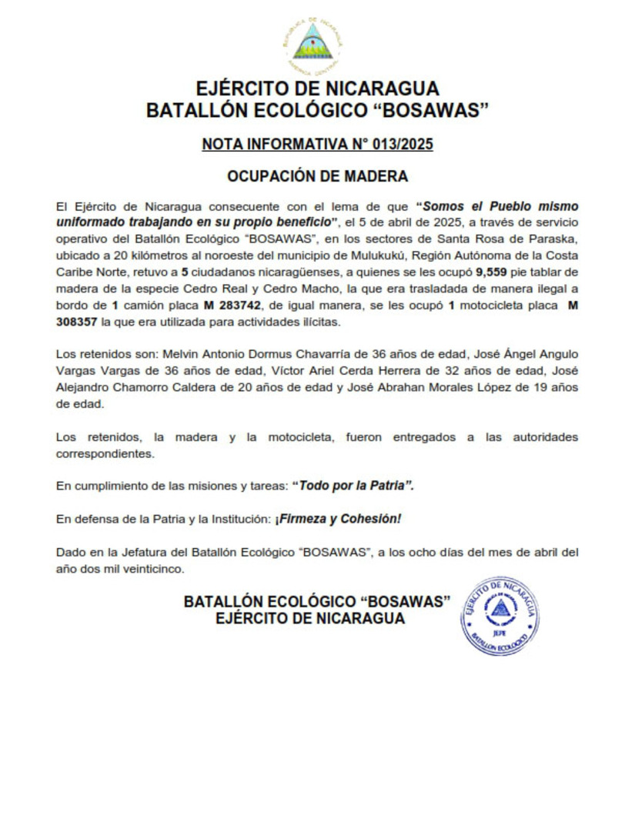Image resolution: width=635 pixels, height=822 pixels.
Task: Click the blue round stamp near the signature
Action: [500, 616]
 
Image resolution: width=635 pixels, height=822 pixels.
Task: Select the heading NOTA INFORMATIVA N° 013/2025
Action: [317, 145]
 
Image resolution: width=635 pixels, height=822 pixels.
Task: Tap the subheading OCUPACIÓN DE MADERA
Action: [317, 176]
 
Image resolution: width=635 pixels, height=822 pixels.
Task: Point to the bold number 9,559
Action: [493, 272]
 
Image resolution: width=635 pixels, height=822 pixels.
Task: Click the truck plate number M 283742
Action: [231, 306]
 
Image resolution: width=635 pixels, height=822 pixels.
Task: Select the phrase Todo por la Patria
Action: [358, 486]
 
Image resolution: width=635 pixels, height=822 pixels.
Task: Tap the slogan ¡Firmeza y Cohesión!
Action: [338, 519]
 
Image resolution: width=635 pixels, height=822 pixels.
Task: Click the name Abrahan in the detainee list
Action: [407, 387]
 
